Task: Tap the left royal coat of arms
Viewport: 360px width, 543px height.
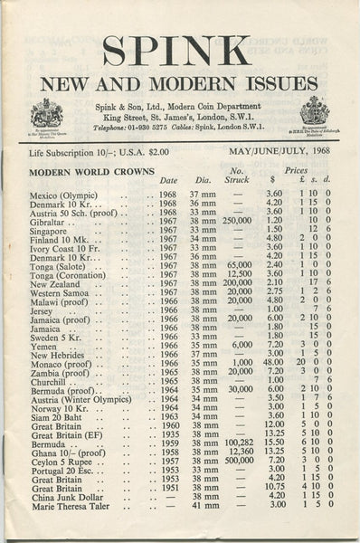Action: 46,113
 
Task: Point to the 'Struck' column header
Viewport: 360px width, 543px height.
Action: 236,180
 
